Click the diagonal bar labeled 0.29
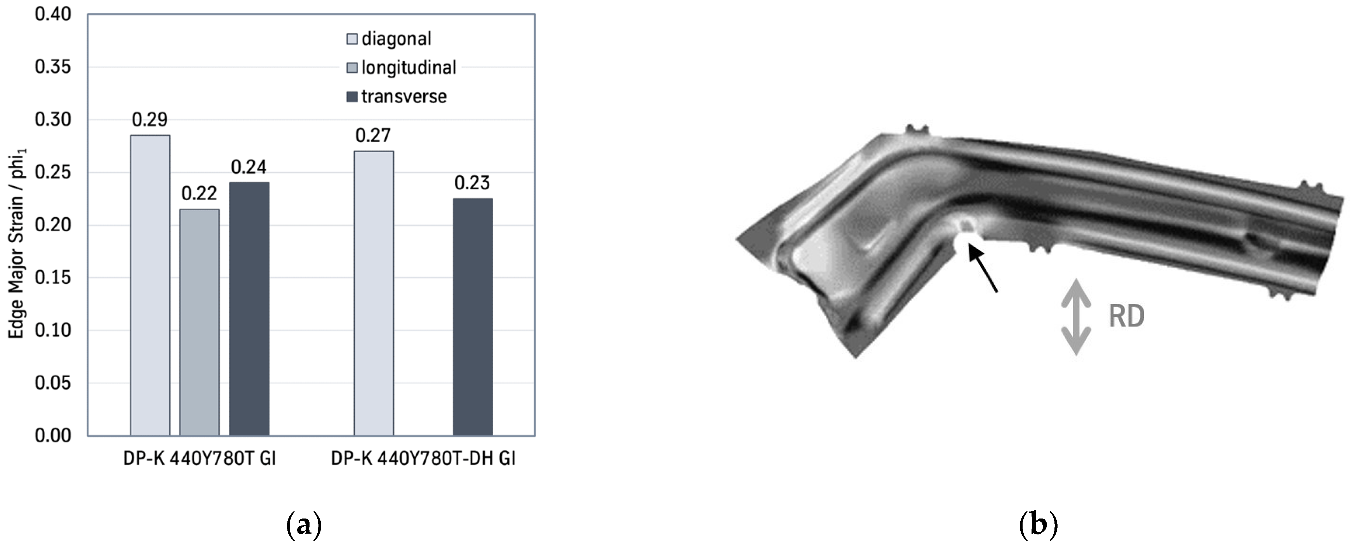coord(150,286)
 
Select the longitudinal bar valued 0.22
coord(199,322)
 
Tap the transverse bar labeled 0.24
coord(249,309)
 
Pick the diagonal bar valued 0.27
coord(373,293)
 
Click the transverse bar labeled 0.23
coord(472,317)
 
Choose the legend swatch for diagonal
coord(352,39)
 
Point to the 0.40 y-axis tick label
coord(52,14)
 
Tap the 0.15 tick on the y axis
coord(52,277)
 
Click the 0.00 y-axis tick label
coord(52,435)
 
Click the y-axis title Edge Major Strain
coord(17,244)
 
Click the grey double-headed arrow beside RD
coord(1076,317)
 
